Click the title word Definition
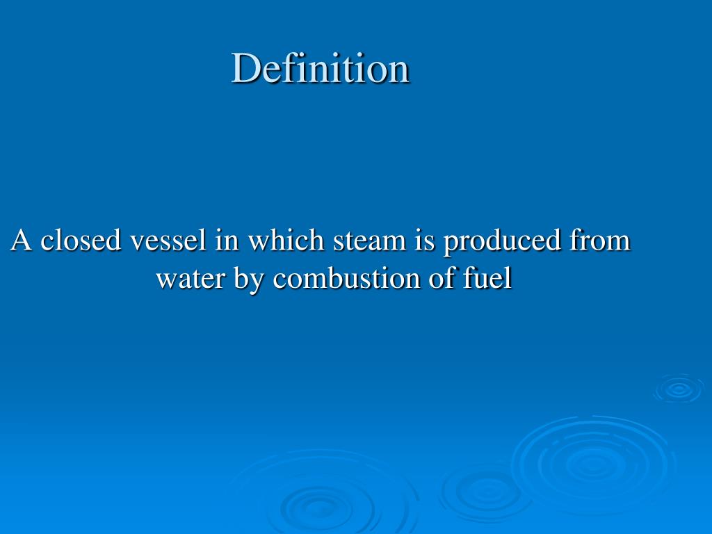click(321, 68)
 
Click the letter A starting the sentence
click(21, 241)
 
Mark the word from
click(599, 241)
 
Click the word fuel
click(487, 279)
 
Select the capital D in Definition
click(245, 68)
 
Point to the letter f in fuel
click(468, 279)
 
